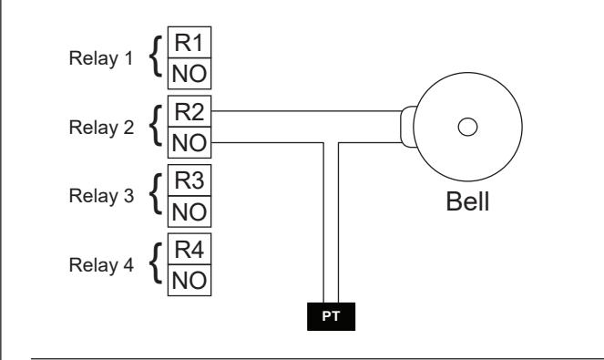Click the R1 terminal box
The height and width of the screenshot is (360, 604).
[189, 43]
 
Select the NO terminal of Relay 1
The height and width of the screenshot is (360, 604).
[189, 74]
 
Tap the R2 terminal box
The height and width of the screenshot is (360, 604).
[189, 111]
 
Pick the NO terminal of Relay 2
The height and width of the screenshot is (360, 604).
[189, 142]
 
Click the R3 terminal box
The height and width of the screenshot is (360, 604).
[189, 180]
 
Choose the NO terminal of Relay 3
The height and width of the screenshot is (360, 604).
[189, 211]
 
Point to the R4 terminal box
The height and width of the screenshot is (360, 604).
[189, 249]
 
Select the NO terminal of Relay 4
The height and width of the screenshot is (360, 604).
[189, 280]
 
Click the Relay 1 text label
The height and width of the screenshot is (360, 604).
[101, 58]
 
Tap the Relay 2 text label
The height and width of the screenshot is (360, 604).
[101, 128]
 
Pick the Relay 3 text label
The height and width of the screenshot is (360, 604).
[101, 196]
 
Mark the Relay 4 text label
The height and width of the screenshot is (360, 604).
[101, 265]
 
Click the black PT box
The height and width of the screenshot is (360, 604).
[332, 316]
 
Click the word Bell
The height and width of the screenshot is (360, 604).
[467, 201]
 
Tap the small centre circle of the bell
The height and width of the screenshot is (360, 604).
[467, 127]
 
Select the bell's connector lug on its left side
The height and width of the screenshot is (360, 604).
[408, 127]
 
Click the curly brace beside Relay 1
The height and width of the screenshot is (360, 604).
[156, 57]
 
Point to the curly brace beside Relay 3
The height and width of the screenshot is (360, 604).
[156, 194]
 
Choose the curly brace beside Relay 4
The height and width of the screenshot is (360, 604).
[156, 263]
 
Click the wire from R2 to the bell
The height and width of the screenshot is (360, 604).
[307, 111]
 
